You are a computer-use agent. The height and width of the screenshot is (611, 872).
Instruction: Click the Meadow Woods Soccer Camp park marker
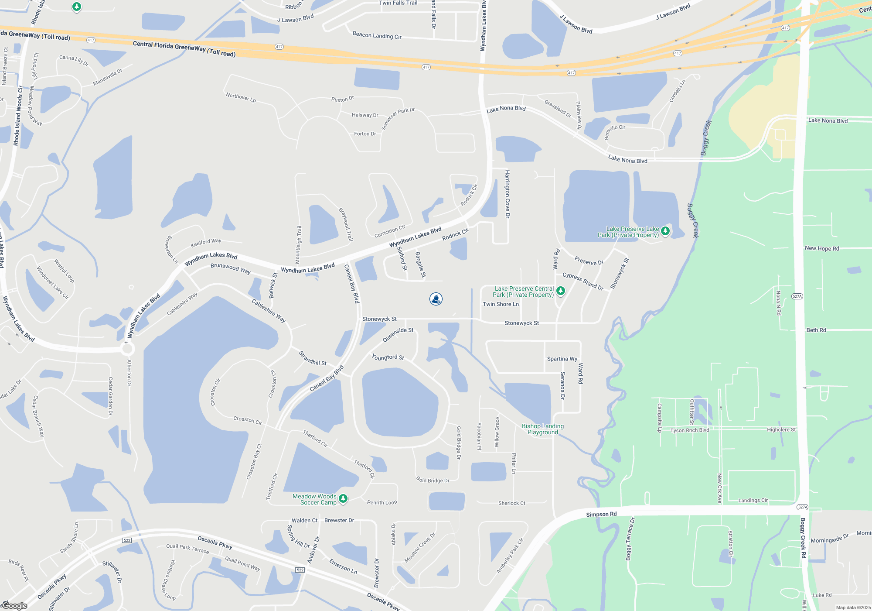pyautogui.click(x=343, y=498)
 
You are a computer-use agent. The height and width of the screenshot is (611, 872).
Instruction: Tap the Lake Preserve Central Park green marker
pyautogui.click(x=561, y=291)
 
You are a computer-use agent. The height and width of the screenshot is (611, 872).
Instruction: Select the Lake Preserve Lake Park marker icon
pyautogui.click(x=665, y=231)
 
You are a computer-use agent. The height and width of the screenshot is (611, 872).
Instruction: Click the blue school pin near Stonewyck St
pyautogui.click(x=436, y=299)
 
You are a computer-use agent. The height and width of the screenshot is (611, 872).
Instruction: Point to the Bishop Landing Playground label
pyautogui.click(x=543, y=429)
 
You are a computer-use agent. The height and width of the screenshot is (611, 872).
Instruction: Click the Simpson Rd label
pyautogui.click(x=601, y=514)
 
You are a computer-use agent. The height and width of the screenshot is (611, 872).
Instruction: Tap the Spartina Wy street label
pyautogui.click(x=562, y=359)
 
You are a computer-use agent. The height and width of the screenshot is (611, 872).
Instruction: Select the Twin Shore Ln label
pyautogui.click(x=501, y=304)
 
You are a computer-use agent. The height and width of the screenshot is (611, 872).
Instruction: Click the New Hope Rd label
pyautogui.click(x=822, y=248)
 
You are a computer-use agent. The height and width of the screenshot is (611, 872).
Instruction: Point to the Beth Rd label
pyautogui.click(x=816, y=330)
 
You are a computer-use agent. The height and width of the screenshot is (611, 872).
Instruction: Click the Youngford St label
pyautogui.click(x=388, y=357)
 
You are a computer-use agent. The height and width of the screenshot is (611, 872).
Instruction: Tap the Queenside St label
pyautogui.click(x=398, y=334)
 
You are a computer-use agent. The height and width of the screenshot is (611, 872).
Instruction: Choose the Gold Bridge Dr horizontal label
pyautogui.click(x=433, y=480)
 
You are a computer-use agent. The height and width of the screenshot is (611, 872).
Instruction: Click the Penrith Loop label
pyautogui.click(x=382, y=502)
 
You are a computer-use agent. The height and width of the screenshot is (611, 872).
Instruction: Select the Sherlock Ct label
pyautogui.click(x=512, y=503)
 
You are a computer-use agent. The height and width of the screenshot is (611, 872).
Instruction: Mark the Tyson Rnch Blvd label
pyautogui.click(x=690, y=430)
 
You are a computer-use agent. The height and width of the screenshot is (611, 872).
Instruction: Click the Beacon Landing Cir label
pyautogui.click(x=377, y=35)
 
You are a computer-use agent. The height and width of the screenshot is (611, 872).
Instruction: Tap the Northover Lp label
pyautogui.click(x=241, y=97)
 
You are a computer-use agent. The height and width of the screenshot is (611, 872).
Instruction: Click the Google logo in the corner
pyautogui.click(x=15, y=605)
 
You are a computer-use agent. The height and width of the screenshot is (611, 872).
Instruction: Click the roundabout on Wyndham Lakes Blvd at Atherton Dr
pyautogui.click(x=128, y=349)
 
